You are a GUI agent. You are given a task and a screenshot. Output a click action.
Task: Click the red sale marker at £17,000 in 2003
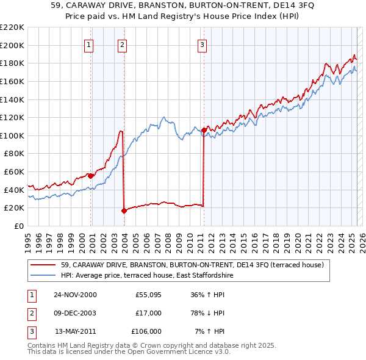[124, 211]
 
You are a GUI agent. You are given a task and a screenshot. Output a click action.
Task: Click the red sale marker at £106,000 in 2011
[204, 130]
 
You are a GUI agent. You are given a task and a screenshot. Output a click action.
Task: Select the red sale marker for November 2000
[91, 176]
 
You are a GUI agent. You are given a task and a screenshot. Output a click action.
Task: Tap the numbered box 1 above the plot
[89, 44]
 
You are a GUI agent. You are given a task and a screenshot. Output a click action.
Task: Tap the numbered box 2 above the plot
[123, 44]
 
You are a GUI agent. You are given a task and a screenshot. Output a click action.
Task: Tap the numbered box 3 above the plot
[202, 44]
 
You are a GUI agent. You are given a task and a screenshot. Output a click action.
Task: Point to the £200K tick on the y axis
[12, 45]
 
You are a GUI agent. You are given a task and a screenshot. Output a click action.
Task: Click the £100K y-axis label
[12, 135]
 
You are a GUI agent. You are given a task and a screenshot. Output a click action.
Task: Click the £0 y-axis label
[18, 226]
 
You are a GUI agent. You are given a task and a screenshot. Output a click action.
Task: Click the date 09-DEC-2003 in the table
[75, 313]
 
